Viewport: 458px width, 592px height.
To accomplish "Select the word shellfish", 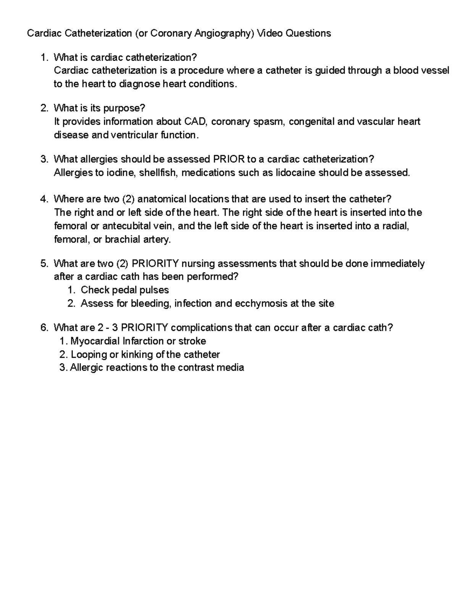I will tap(158, 173).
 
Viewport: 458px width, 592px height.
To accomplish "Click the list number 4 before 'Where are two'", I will tap(44, 199).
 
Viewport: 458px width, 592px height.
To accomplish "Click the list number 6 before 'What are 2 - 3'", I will tap(44, 327).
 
